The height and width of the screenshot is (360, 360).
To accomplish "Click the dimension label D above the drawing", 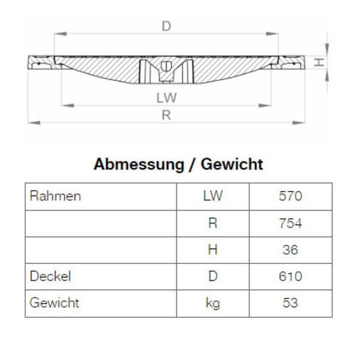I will click(166, 26).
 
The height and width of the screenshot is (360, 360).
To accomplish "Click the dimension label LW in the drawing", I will click(166, 97).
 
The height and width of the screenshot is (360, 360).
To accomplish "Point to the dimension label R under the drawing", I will click(166, 116).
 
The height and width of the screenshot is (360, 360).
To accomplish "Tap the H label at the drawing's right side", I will click(320, 62).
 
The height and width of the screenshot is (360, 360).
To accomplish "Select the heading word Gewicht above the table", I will click(231, 164).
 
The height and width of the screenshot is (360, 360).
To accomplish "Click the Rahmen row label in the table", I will click(55, 196).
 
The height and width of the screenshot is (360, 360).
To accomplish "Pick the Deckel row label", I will click(50, 276).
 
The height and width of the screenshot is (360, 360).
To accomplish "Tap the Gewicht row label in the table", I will click(55, 303).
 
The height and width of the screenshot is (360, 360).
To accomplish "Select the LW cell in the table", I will click(212, 196).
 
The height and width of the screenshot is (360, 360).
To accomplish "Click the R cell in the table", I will click(212, 223).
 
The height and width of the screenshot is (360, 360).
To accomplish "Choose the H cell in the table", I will click(212, 250).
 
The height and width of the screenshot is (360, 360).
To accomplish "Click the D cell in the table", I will click(212, 276).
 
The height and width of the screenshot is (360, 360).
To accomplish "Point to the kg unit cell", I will click(212, 303).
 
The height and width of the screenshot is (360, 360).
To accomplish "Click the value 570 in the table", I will click(290, 196).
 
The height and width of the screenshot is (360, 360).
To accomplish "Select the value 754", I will click(290, 223).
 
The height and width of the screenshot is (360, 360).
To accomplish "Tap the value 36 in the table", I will click(290, 250).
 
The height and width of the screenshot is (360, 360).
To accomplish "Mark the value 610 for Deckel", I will click(290, 276).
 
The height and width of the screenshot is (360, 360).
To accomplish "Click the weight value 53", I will click(290, 303).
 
